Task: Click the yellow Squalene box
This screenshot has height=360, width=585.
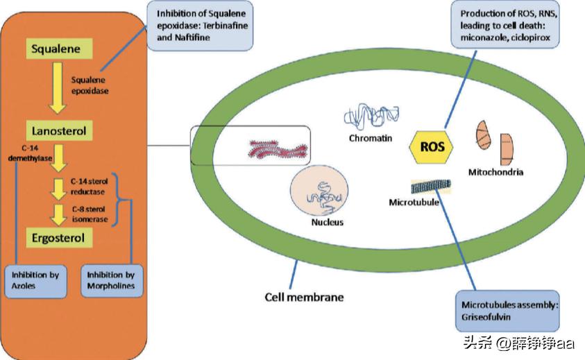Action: click(x=61, y=49)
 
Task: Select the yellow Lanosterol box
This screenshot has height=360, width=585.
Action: click(x=60, y=130)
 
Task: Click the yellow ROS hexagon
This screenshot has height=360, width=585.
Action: click(x=432, y=147)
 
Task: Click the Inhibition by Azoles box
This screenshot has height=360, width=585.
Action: click(x=35, y=280)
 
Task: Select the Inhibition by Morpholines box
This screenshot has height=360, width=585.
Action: click(x=112, y=280)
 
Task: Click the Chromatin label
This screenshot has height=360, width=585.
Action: click(x=371, y=138)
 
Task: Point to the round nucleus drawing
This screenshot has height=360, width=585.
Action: click(x=317, y=193)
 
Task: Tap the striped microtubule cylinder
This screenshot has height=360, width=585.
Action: click(x=430, y=186)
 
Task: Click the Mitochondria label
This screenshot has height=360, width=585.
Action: click(x=495, y=171)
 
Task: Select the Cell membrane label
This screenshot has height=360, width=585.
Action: click(x=304, y=298)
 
